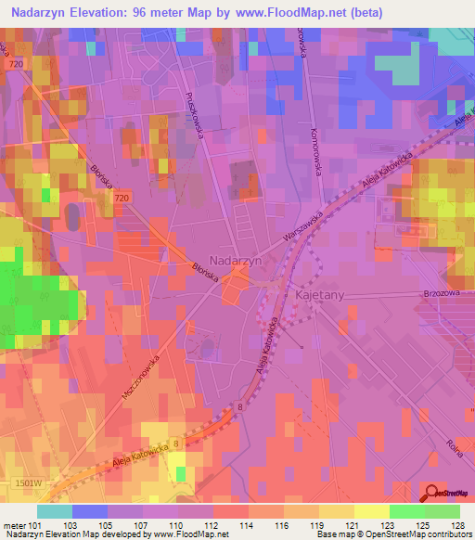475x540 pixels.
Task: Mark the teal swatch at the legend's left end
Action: tap(55, 510)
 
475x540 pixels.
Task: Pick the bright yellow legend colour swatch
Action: tap(370, 510)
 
